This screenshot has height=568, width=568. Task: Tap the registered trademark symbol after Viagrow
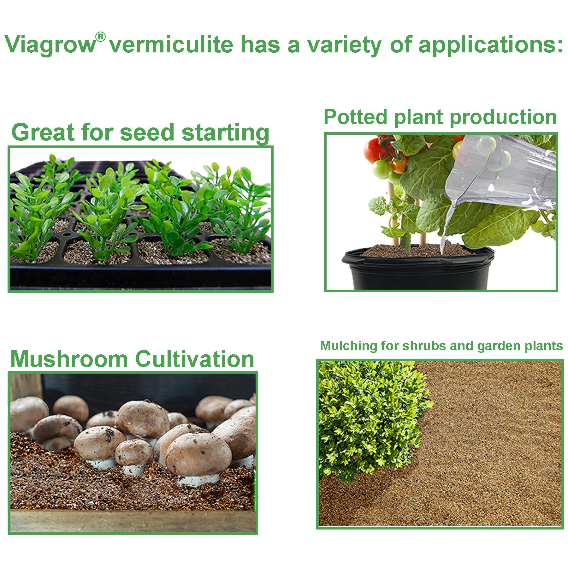100,37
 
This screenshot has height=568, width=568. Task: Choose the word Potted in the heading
355,117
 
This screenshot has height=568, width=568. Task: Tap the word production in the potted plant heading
503,117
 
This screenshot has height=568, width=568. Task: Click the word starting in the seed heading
225,132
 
